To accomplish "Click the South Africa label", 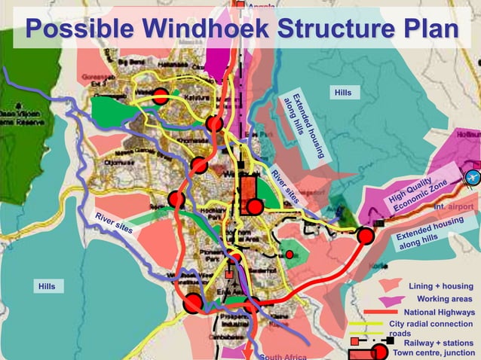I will [x=283, y=356].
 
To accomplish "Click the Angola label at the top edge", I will [x=262, y=6].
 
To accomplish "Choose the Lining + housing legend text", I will [x=441, y=286].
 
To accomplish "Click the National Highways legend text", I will [x=440, y=312].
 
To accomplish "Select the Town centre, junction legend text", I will [x=434, y=352].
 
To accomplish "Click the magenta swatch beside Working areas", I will [x=390, y=301].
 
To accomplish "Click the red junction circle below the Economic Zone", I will [x=366, y=236].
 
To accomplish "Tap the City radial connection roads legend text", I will [x=431, y=328].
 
